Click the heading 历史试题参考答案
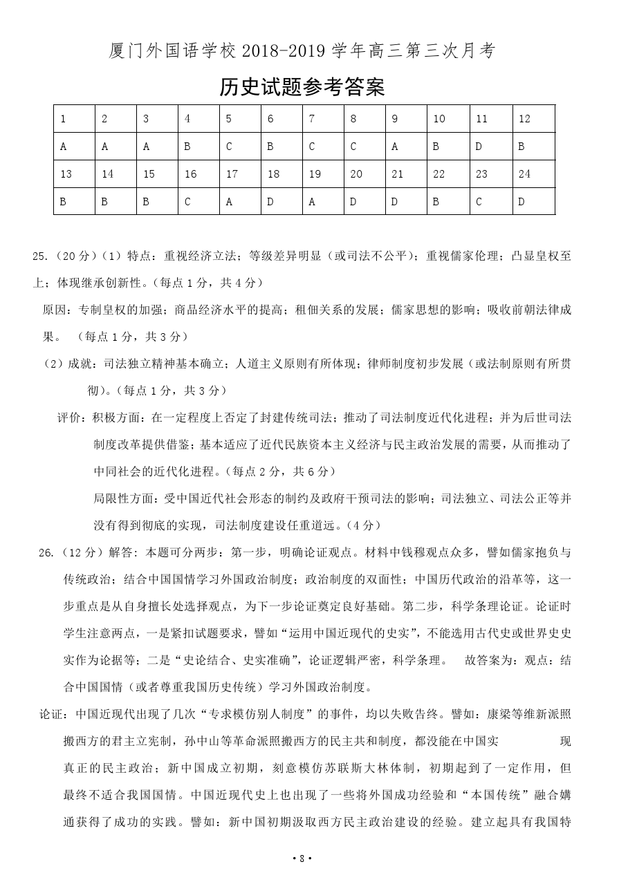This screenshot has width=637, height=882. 302,88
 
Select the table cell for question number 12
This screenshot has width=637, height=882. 533,119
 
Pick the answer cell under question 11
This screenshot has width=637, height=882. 491,147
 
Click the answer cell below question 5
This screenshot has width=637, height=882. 240,147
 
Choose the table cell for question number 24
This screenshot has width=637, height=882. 533,174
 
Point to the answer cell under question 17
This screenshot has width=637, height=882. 240,201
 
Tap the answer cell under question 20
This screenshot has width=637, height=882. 365,201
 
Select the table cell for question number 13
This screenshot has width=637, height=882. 74,174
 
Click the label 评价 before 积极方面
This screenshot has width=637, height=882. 70,418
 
